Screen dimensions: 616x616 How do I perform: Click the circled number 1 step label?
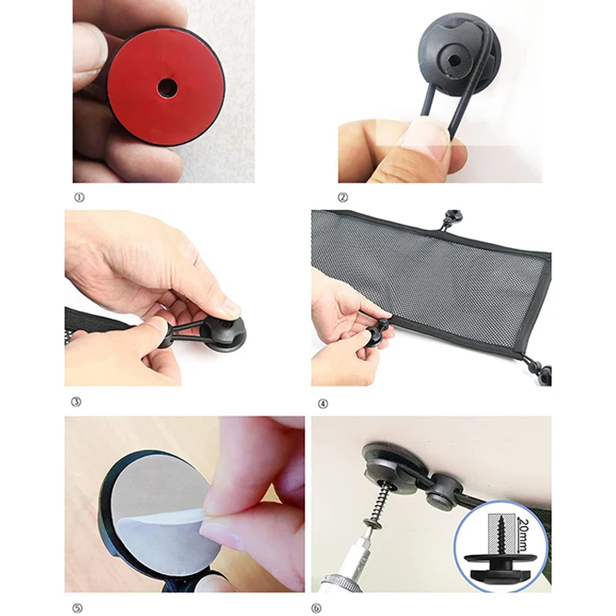[79, 198]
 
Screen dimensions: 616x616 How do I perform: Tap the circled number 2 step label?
[343, 198]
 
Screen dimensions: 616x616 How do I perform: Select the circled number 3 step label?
[76, 402]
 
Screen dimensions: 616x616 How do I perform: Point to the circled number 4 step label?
[323, 403]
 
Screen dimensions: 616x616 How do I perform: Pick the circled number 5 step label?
[78, 608]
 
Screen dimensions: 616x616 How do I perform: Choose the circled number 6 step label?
[316, 608]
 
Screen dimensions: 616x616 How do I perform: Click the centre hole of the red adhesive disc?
[167, 87]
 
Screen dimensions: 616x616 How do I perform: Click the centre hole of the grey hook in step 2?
[455, 61]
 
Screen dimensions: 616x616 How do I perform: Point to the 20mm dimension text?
[525, 534]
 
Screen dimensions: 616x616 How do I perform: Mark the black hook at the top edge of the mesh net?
[453, 219]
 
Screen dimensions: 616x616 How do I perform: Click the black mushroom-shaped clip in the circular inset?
[499, 565]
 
